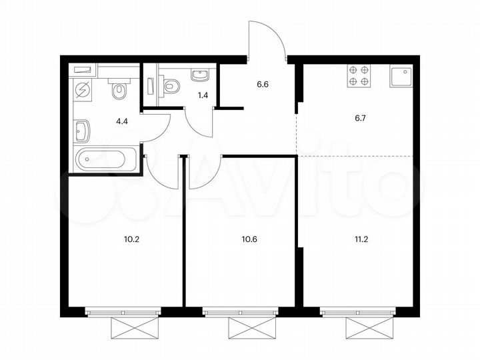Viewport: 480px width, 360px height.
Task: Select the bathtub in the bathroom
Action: point(107,159)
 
